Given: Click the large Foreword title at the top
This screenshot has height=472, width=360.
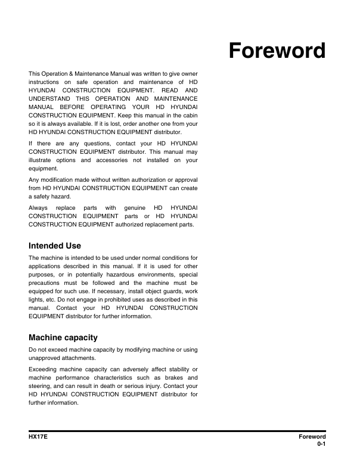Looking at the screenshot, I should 278,52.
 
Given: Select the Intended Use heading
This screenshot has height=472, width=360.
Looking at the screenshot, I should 55,246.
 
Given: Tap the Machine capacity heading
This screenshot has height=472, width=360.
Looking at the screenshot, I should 63,337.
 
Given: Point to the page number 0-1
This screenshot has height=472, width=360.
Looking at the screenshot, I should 321,445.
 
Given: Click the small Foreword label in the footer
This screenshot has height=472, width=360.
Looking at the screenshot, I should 312,437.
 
